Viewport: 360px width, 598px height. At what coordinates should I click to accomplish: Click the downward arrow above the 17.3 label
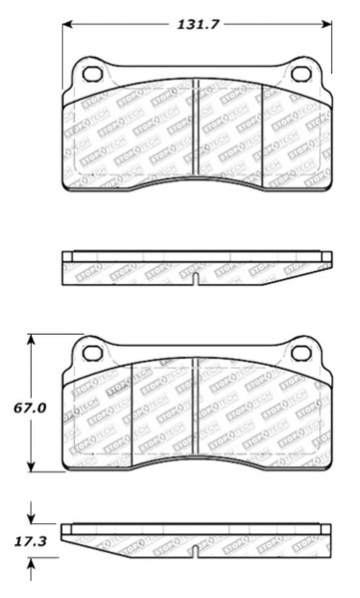click(x=32, y=518)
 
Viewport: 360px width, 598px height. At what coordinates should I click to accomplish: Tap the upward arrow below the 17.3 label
click(x=32, y=565)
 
